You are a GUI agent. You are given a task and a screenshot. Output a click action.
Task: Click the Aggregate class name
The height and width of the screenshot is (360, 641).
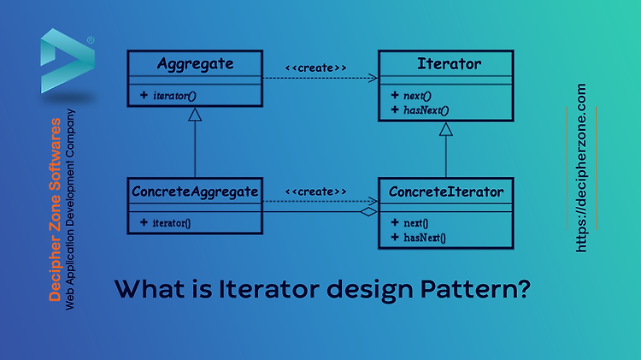click(x=196, y=64)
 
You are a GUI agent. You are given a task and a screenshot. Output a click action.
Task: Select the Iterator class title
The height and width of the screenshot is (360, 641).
click(x=449, y=64)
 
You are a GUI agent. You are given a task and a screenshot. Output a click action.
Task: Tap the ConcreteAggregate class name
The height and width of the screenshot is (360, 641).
click(x=195, y=192)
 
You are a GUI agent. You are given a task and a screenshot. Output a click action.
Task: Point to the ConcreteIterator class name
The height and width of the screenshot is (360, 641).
click(x=446, y=192)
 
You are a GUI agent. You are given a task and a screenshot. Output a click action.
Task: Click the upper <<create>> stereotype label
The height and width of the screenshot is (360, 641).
click(x=315, y=68)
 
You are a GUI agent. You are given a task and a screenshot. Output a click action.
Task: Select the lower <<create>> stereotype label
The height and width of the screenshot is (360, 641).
click(x=315, y=192)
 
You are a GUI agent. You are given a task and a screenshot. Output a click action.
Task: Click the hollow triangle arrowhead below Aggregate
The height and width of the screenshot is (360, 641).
click(x=195, y=115)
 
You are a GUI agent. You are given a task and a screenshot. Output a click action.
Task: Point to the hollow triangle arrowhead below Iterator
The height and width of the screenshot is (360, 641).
click(x=446, y=129)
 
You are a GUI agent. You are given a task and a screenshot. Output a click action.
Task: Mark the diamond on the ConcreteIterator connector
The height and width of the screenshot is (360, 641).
click(x=369, y=212)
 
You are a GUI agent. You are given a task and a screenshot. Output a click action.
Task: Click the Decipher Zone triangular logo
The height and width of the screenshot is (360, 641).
click(x=68, y=61)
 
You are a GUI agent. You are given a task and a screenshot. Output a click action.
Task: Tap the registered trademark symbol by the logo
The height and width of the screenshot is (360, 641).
click(x=91, y=40)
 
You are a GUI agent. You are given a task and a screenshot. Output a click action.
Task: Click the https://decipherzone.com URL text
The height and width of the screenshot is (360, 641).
click(x=581, y=168)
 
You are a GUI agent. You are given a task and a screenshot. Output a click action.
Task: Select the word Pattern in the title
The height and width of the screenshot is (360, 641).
click(x=475, y=289)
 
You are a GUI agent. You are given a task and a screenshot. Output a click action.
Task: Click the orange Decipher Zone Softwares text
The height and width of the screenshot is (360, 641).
click(x=55, y=210)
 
